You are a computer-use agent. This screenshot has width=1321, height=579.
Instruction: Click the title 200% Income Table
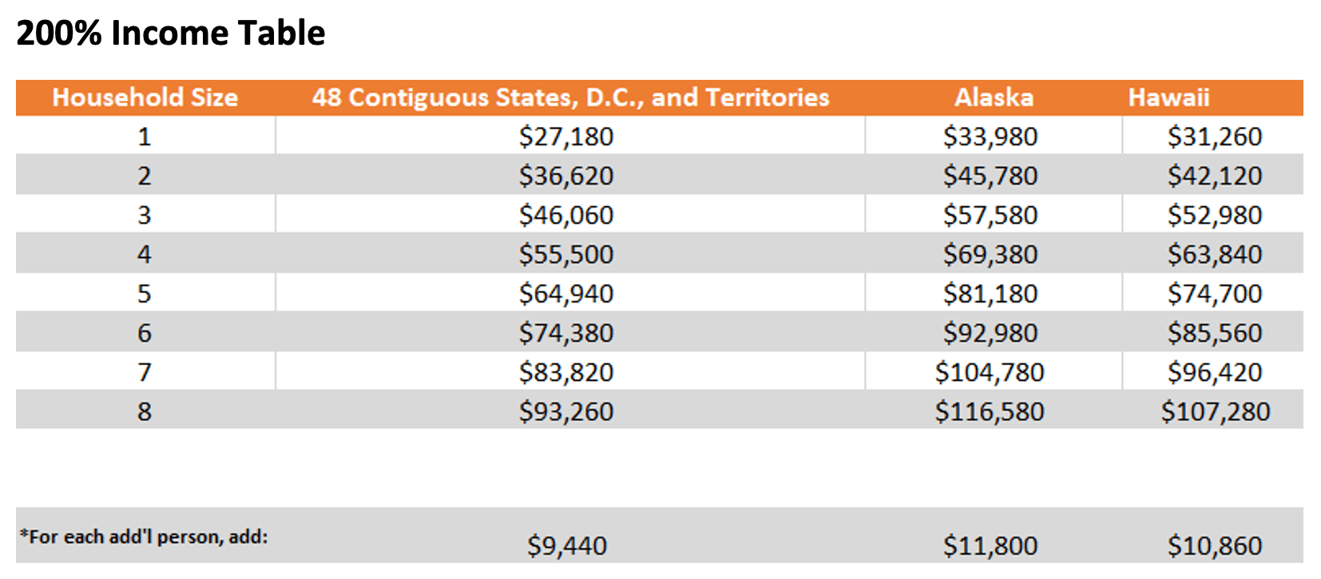(170, 34)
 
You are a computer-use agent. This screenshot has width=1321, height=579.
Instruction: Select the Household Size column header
(145, 97)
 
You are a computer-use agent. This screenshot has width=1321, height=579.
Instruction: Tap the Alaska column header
(994, 97)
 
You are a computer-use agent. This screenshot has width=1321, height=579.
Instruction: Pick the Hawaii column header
(1168, 97)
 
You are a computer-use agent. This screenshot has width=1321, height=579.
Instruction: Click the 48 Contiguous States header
(570, 97)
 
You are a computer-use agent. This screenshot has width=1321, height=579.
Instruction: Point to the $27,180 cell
(566, 137)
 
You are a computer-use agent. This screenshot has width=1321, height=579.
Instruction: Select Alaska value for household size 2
(990, 176)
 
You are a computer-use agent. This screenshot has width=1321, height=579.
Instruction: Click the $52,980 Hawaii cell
(1215, 215)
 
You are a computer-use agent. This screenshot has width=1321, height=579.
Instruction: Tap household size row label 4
(144, 254)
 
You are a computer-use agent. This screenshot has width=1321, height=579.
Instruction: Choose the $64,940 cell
(566, 294)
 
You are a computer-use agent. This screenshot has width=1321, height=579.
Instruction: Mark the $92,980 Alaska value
(990, 333)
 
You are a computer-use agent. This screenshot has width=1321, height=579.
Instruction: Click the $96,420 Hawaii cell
(1215, 372)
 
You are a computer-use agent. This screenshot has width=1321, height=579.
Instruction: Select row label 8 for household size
(144, 411)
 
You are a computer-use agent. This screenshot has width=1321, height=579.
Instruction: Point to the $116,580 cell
(990, 411)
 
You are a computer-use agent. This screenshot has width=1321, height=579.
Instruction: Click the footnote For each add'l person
(144, 537)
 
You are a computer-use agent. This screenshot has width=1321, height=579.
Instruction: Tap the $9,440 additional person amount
(566, 545)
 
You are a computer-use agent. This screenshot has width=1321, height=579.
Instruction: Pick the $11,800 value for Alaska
(990, 545)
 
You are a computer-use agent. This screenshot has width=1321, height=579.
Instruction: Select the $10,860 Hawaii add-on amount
(1215, 545)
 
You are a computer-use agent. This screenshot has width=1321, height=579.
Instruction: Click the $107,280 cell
(1215, 411)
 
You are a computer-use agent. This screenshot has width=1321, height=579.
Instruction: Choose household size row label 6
(144, 333)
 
